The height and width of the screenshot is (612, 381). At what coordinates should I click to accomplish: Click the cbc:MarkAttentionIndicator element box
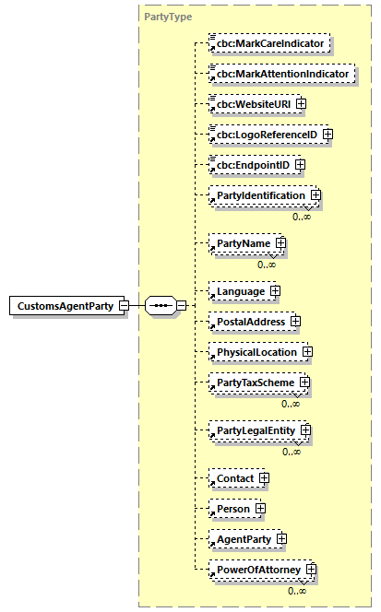[281, 73]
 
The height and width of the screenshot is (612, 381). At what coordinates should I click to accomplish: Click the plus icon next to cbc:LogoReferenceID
[327, 135]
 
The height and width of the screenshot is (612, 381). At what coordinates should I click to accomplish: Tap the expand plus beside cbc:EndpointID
[300, 165]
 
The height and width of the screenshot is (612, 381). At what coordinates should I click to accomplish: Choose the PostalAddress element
[248, 322]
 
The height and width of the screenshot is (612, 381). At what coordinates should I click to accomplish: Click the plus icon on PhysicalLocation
[308, 352]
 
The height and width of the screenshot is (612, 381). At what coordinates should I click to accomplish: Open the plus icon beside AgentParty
[282, 539]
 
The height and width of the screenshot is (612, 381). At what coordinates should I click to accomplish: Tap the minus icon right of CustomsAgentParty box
[124, 305]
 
